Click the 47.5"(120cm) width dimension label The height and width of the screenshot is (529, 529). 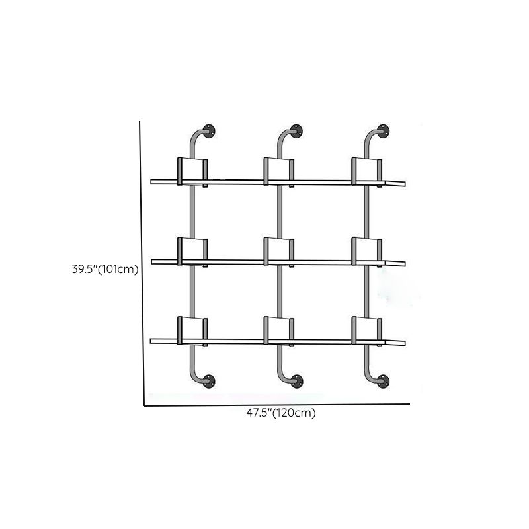click(281, 414)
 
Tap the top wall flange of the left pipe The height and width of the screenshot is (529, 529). click(210, 130)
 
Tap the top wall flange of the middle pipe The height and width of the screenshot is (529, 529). click(296, 130)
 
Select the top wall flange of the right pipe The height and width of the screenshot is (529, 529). click(382, 130)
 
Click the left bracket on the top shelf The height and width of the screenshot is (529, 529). click(192, 171)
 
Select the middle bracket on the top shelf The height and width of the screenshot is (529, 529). click(278, 171)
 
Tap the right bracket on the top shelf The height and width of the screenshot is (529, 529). click(366, 171)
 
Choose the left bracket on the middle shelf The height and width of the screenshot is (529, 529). click(192, 251)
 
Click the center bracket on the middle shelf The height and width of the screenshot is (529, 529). click(278, 251)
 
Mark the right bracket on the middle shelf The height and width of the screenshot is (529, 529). click(366, 251)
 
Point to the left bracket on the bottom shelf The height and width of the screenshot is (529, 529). click(192, 330)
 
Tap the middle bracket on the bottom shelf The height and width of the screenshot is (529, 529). click(278, 330)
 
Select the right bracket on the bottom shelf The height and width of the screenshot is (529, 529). click(366, 330)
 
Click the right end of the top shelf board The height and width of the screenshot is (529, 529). click(401, 183)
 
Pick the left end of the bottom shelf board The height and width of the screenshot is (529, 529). click(155, 341)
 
